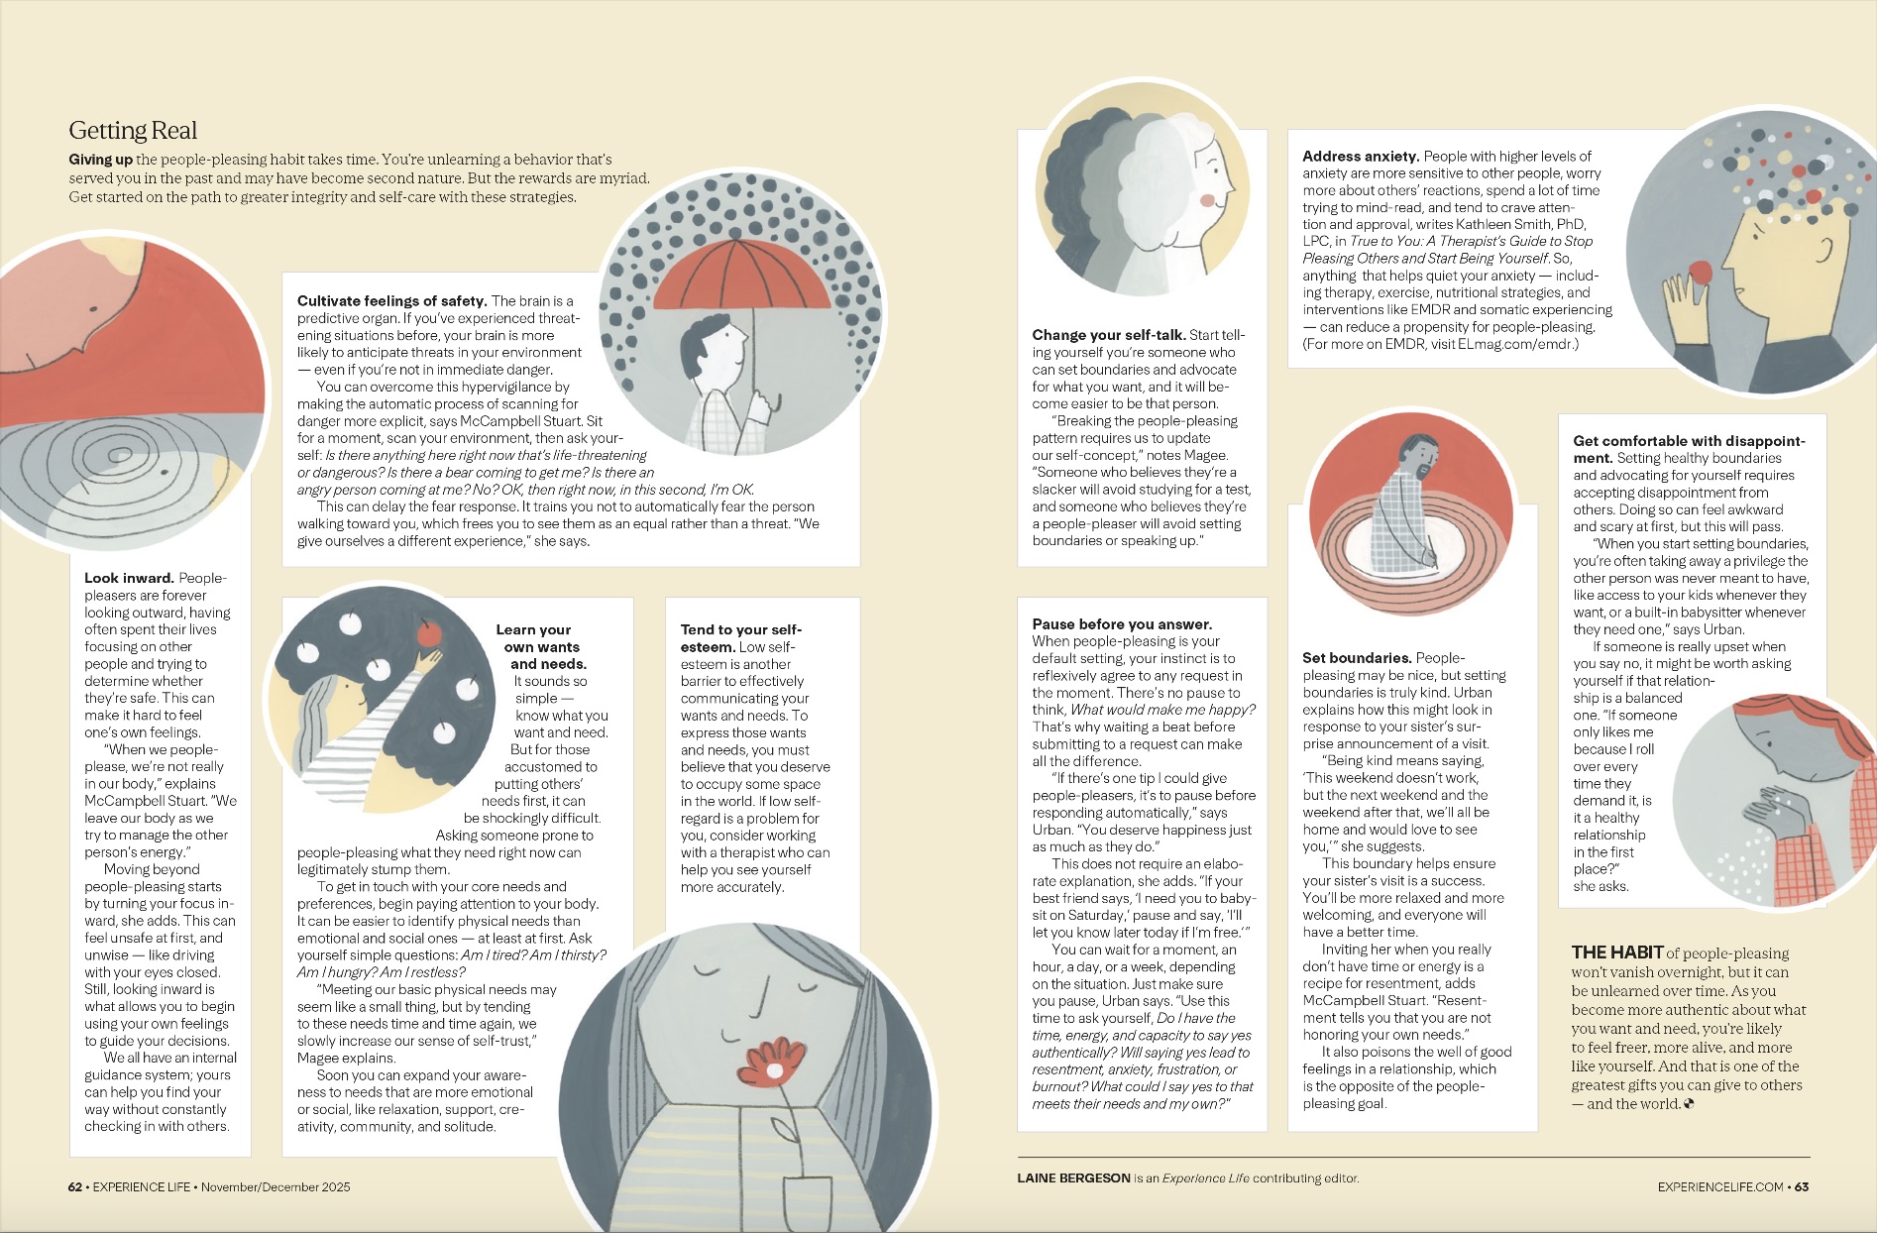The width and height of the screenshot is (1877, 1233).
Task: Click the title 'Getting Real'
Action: (133, 131)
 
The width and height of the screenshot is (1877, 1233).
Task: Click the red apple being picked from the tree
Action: (429, 632)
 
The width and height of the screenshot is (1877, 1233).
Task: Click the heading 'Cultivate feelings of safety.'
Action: (391, 301)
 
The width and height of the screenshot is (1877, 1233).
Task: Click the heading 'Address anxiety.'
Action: (1361, 157)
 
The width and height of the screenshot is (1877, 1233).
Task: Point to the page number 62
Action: (75, 1187)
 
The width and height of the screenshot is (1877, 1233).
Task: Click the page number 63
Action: (1802, 1187)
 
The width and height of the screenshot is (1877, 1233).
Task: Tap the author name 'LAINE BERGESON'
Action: (1073, 1178)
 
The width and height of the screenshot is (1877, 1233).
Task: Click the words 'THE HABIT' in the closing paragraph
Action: (1616, 953)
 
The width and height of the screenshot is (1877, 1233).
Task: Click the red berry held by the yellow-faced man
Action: (1701, 273)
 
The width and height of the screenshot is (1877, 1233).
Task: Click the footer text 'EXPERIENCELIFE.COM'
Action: (1720, 1187)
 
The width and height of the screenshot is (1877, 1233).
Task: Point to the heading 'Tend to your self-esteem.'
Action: (740, 638)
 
